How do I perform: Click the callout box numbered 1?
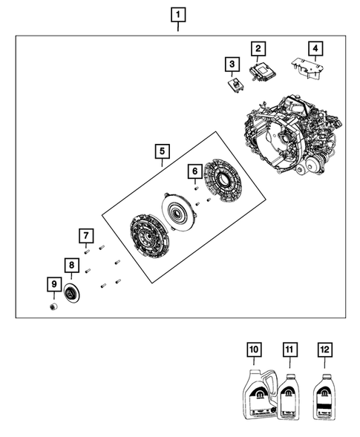pos(178,14)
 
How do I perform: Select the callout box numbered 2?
pos(258,49)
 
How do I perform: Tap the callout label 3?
pos(232,65)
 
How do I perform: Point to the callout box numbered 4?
pos(315,49)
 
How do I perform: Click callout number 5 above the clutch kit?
pos(162,151)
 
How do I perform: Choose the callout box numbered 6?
pos(194,172)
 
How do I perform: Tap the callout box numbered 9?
pos(53,284)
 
